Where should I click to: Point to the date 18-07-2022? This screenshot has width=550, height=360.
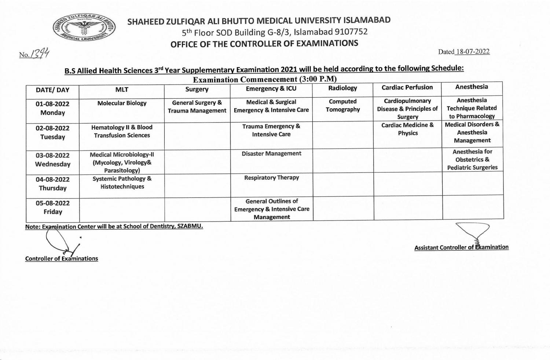click(x=472, y=52)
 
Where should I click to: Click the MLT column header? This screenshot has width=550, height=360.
click(x=122, y=90)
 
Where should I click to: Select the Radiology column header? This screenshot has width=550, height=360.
click(x=342, y=88)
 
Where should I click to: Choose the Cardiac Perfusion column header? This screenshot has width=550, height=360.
click(x=407, y=87)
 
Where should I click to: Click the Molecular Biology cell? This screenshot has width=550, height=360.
click(x=122, y=103)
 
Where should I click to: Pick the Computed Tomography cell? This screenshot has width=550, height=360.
click(x=342, y=105)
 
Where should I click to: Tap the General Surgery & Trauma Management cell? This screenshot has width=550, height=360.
click(x=197, y=106)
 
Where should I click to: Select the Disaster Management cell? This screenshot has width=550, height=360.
click(x=271, y=153)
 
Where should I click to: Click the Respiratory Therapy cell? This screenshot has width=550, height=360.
click(x=271, y=178)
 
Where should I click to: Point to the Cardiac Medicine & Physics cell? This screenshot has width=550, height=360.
click(x=407, y=129)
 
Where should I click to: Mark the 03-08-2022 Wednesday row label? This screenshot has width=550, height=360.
click(x=53, y=160)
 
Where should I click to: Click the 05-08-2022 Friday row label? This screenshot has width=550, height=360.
click(x=53, y=207)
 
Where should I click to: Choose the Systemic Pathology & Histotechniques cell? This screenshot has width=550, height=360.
click(x=122, y=182)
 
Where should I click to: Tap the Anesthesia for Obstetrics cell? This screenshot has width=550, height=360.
click(x=472, y=159)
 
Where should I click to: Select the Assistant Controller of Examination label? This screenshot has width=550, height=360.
click(x=461, y=247)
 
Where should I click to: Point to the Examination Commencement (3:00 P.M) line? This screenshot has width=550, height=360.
click(x=264, y=79)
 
